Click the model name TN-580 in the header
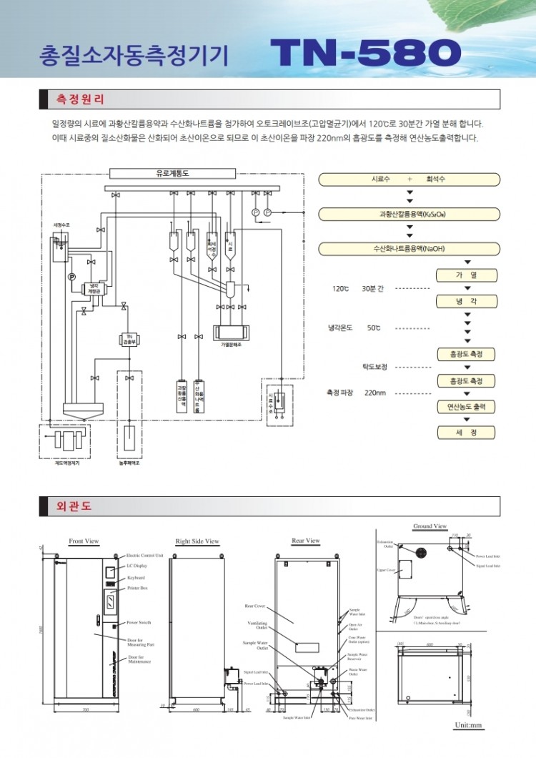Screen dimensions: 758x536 pos(365,53)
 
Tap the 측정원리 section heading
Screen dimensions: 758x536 pos(80,99)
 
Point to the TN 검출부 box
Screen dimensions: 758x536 pos(129,340)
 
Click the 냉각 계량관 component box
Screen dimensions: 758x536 pos(94,289)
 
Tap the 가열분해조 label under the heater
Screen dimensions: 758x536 pos(232,345)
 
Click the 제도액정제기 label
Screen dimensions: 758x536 pos(66,463)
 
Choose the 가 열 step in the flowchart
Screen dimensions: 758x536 pos(465,275)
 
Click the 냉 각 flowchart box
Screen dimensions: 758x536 pos(465,302)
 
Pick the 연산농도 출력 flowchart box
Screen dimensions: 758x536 pos(465,407)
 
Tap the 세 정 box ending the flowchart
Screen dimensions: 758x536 pos(465,433)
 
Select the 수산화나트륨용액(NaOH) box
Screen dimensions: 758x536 pos(409,248)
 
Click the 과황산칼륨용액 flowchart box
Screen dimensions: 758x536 pos(409,214)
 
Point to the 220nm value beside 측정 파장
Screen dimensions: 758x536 pos(375,393)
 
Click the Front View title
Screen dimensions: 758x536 pos(84,541)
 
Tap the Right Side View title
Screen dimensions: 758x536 pos(197,541)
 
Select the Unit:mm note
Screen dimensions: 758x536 pos(469,725)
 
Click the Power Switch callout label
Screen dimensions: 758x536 pos(139,623)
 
